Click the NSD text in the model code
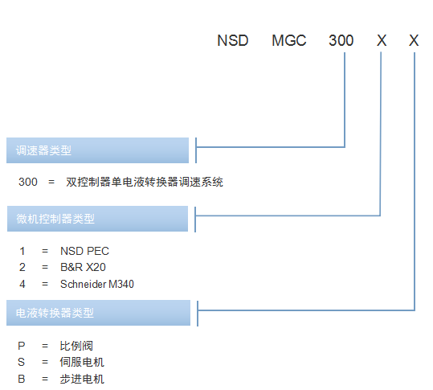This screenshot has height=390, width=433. click(233, 41)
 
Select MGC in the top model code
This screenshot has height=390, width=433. click(289, 41)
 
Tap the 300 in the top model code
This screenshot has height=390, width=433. click(341, 41)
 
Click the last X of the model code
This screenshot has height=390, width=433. click(414, 41)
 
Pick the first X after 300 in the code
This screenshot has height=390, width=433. click(382, 41)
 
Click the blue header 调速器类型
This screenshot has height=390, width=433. click(97, 150)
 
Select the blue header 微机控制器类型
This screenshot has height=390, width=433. click(97, 219)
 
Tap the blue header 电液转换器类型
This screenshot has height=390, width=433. click(98, 313)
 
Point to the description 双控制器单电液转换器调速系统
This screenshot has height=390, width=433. click(145, 182)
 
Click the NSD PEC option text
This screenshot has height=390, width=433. click(85, 251)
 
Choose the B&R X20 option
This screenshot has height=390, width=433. click(83, 267)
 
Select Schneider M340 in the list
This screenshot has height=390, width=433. click(97, 284)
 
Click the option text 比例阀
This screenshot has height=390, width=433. click(76, 346)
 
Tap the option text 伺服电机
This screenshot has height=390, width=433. click(82, 362)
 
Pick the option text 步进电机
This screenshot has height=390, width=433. click(82, 379)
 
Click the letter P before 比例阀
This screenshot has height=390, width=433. click(22, 346)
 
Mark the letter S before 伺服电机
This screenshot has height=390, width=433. click(21, 362)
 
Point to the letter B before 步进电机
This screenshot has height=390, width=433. click(22, 379)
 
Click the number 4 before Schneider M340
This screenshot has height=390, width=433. click(22, 284)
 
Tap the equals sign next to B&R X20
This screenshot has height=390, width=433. click(45, 267)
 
